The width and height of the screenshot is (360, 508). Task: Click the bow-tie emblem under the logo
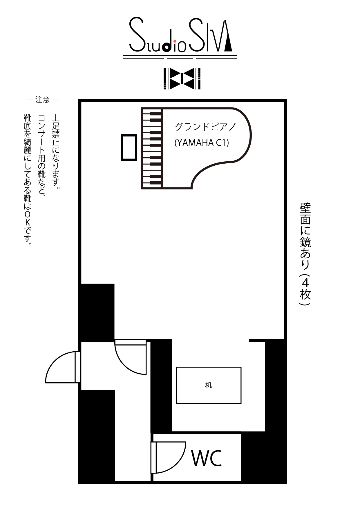(182, 78)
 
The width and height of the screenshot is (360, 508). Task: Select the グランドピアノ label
(205, 127)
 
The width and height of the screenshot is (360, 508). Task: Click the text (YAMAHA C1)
(202, 142)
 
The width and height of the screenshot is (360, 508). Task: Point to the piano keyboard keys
(152, 148)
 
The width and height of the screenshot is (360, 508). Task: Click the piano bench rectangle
(129, 147)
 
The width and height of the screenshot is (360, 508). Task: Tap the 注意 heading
(42, 100)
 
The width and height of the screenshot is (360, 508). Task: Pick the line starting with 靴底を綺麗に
(28, 180)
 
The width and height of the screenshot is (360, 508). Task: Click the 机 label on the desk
(208, 385)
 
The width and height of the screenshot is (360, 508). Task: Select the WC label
(207, 458)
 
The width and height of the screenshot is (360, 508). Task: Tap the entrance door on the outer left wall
(62, 367)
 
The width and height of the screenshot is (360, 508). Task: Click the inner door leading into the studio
(131, 358)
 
